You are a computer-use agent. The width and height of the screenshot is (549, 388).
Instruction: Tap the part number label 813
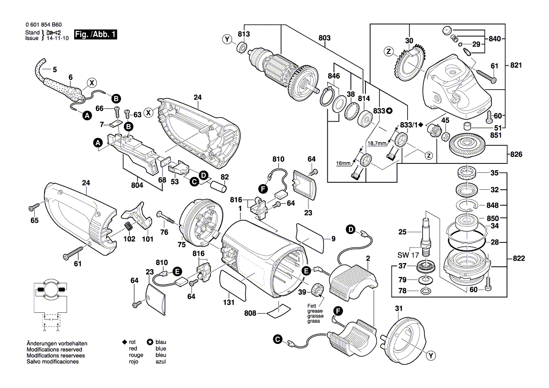pyautogui.click(x=243, y=34)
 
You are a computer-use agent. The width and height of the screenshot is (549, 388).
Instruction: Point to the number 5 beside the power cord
pyautogui.click(x=54, y=70)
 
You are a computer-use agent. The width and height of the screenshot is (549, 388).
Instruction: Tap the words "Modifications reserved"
pyautogui.click(x=54, y=350)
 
